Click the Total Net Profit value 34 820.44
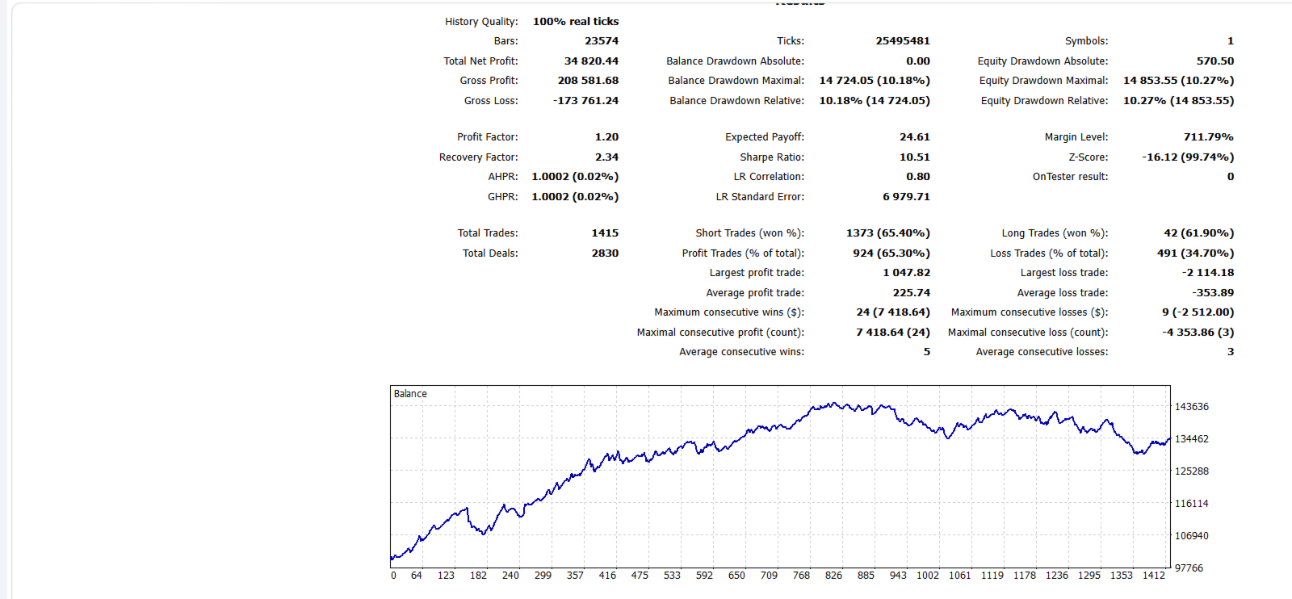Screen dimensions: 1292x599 tap(591, 61)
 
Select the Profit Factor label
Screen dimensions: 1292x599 tap(488, 137)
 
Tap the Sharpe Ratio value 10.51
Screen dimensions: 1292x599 tap(915, 157)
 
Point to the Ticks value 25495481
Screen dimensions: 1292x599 tap(903, 41)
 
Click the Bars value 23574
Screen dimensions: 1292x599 tap(602, 41)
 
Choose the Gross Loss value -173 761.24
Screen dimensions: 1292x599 tap(586, 101)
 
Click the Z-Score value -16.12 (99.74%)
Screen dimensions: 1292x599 tap(1188, 157)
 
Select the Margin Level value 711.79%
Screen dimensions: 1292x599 tap(1208, 137)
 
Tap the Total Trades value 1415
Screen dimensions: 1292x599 tap(605, 233)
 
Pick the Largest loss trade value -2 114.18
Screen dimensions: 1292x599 tap(1208, 273)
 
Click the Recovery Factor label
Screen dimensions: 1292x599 tap(479, 157)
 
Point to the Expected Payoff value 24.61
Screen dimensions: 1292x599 tap(915, 137)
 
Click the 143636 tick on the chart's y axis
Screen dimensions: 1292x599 tap(1192, 407)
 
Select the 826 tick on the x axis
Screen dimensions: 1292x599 tap(833, 576)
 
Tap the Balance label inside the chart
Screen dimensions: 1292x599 tap(410, 394)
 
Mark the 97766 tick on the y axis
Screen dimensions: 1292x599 tap(1189, 568)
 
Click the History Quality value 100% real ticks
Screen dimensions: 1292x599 tap(576, 21)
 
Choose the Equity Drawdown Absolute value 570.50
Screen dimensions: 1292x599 tap(1215, 61)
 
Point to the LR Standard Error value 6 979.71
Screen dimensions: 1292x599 tap(906, 197)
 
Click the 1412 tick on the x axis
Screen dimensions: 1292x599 tap(1154, 576)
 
